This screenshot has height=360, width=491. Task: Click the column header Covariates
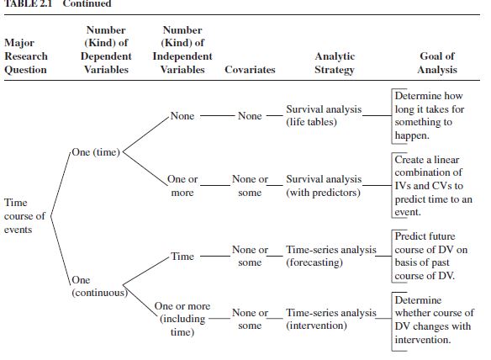[x=250, y=70]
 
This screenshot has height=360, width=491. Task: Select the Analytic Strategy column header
[x=335, y=63]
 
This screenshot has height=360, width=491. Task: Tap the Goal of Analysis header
[x=437, y=62]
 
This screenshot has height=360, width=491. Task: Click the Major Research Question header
[x=26, y=56]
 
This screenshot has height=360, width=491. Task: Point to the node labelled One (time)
[x=96, y=152]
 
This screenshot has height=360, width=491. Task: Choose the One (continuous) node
[x=99, y=286]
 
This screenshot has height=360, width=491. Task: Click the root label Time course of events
[x=24, y=216]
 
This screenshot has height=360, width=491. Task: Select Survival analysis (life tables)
[x=324, y=115]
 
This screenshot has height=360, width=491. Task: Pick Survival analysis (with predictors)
[x=324, y=186]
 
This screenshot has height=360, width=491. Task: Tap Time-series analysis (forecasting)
[x=331, y=256]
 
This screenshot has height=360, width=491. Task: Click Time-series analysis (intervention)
[x=331, y=319]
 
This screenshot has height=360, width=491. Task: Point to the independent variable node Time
[x=182, y=257]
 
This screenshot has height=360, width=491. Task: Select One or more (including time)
[x=182, y=319]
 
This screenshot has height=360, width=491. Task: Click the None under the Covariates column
[x=250, y=116]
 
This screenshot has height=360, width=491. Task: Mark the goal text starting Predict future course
[x=430, y=256]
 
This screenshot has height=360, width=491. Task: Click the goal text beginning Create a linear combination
[x=433, y=186]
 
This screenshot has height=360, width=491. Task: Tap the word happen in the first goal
[x=412, y=135]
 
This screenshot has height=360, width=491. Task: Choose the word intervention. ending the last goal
[x=423, y=340]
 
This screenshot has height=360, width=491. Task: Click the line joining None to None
[x=218, y=116]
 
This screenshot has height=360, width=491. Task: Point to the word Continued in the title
[x=87, y=3]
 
